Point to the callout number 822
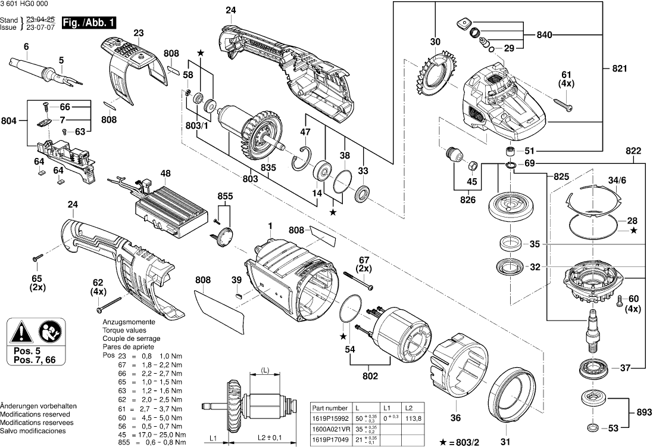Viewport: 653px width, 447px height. pos(633,151)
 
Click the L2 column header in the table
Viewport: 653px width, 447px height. pos(408,408)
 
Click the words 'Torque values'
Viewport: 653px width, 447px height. pos(124,330)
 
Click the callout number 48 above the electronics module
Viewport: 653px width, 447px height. pos(165,174)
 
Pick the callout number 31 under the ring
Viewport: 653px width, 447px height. pos(505,441)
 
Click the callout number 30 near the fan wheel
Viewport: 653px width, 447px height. pos(435,42)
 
